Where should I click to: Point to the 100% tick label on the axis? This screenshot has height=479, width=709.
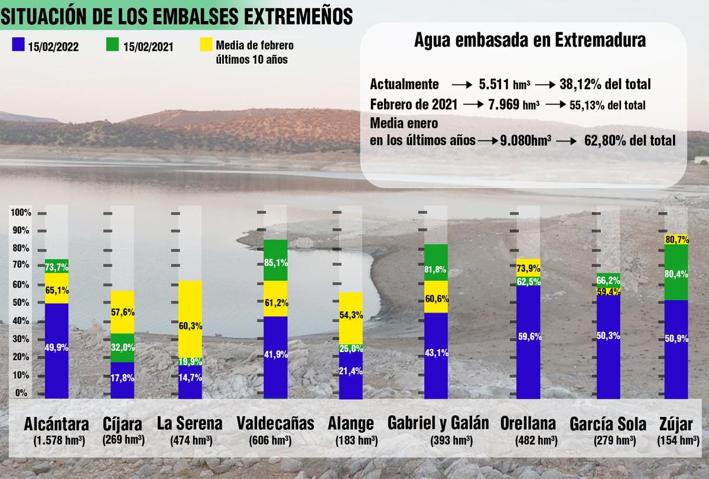click(21, 213)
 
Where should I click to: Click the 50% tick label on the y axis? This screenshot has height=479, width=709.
click(21, 303)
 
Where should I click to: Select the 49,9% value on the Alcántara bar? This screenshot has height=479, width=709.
click(57, 348)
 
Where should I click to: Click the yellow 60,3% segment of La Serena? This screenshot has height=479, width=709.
click(190, 325)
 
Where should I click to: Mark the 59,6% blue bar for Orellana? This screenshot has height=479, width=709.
click(528, 337)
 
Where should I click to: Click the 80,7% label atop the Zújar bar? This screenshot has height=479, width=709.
click(676, 240)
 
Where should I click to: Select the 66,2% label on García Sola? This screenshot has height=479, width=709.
click(608, 281)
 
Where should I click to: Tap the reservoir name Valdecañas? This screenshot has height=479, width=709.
click(275, 424)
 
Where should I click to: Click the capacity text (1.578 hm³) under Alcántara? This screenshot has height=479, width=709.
click(57, 441)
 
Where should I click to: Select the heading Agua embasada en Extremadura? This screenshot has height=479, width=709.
click(529, 41)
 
